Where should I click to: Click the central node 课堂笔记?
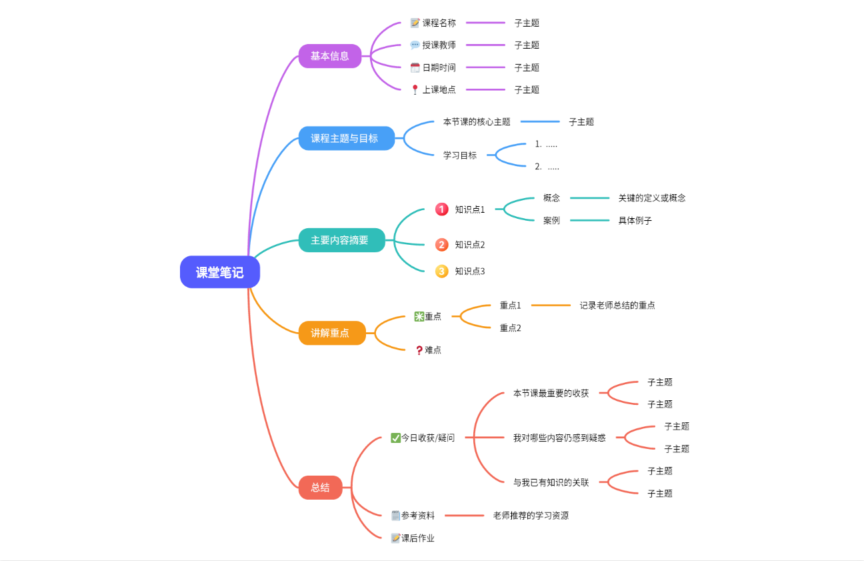coord(219,272)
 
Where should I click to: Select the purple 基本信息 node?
coord(329,56)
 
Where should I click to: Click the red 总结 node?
coord(320,488)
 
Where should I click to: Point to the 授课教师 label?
coord(439,45)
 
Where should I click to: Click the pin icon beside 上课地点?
coord(415,89)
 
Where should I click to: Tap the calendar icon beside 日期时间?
coord(415,67)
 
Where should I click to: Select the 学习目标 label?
coord(460,155)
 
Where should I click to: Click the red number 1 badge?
coord(441,209)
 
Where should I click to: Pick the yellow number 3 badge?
coord(441,271)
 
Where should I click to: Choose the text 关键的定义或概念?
coord(651,198)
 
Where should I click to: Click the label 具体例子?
coord(635,221)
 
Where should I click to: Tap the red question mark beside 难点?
coord(419,350)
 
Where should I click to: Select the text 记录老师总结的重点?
coord(617,306)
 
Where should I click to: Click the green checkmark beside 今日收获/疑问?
coord(395,438)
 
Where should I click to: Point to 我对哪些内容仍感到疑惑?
coord(559,438)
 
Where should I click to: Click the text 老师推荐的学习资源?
coord(531,516)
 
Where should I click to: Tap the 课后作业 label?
coord(418,538)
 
